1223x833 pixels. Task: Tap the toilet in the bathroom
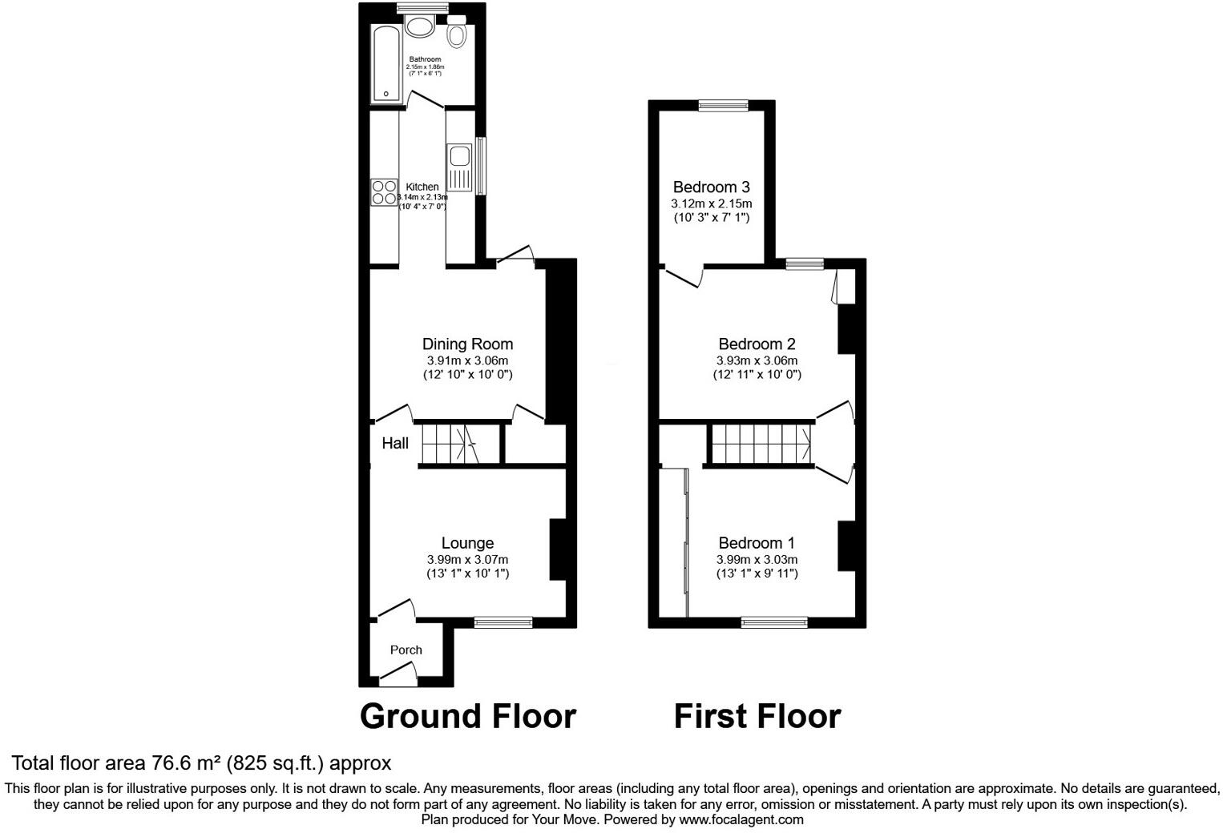click(457, 34)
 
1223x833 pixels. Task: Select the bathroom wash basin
click(419, 27)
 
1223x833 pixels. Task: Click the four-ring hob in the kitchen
click(384, 193)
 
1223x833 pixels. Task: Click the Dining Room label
click(467, 344)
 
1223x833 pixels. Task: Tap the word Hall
click(395, 444)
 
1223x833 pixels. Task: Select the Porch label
click(406, 650)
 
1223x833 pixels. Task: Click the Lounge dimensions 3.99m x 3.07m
click(467, 559)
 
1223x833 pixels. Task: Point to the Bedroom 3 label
click(711, 187)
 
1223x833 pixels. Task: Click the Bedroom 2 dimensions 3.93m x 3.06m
click(757, 360)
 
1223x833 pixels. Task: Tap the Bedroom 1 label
click(757, 543)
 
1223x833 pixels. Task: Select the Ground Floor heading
click(467, 715)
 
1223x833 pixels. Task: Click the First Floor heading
click(757, 715)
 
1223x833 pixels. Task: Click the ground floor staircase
click(451, 444)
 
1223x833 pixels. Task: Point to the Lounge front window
click(503, 622)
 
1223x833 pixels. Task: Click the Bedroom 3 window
click(723, 105)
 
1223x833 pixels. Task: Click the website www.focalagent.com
click(741, 819)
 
